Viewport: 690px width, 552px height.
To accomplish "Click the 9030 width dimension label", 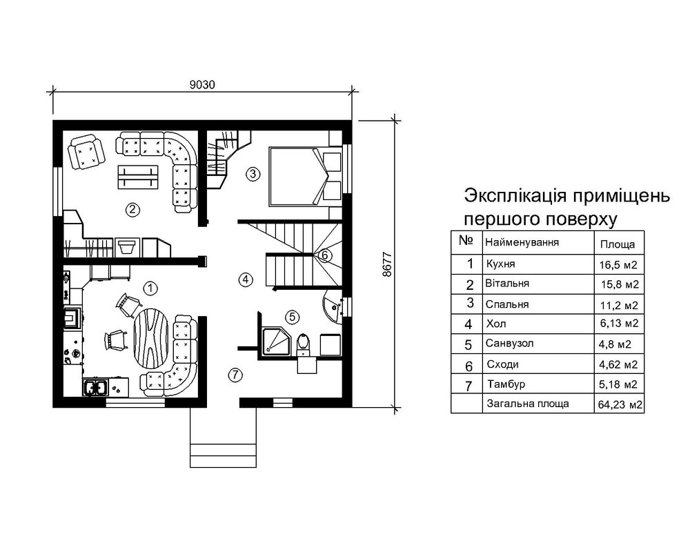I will [x=203, y=85].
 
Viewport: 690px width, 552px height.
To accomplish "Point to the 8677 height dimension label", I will [x=386, y=263].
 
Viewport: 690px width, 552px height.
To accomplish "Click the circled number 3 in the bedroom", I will [x=253, y=173].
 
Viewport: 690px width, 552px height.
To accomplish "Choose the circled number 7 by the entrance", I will [x=235, y=375].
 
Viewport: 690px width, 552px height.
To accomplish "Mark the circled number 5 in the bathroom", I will [x=292, y=317].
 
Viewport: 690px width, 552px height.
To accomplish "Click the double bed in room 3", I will [x=297, y=175].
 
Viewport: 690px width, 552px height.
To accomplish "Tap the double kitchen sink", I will [x=95, y=387].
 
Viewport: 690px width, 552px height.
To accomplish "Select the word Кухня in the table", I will [x=500, y=264].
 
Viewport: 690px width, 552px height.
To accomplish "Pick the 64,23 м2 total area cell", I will [x=618, y=405].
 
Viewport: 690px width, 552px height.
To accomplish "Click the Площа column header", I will [x=613, y=244].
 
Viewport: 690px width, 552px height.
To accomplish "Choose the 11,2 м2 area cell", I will [x=618, y=304].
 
